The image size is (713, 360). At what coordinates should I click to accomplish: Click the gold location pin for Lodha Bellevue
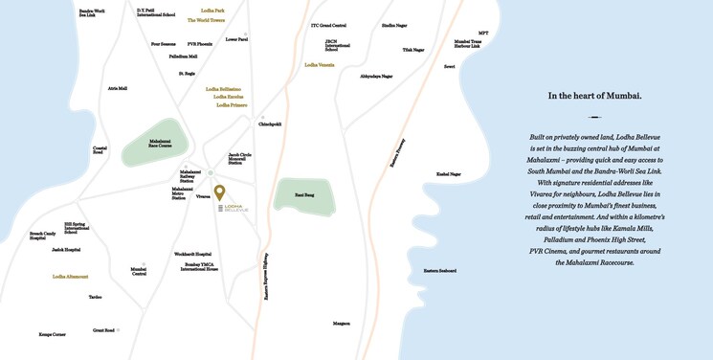219,192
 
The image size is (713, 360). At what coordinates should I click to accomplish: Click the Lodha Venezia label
319,65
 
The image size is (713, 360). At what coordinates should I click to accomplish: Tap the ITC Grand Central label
329,26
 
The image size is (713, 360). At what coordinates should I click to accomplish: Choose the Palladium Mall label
183,56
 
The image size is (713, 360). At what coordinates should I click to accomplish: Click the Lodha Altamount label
70,276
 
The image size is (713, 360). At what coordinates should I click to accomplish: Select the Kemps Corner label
52,334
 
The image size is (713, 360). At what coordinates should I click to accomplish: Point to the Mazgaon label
341,324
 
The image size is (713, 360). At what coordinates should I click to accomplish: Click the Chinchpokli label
270,124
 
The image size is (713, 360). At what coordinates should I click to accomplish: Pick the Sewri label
449,67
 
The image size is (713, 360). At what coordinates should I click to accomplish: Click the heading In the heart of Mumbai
594,96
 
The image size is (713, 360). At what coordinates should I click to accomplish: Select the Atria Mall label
118,88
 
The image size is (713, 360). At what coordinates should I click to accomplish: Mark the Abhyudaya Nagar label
376,76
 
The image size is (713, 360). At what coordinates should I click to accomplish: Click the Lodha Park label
212,11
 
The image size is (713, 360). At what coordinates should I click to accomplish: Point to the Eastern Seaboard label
438,271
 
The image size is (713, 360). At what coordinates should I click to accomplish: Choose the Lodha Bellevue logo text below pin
234,208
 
